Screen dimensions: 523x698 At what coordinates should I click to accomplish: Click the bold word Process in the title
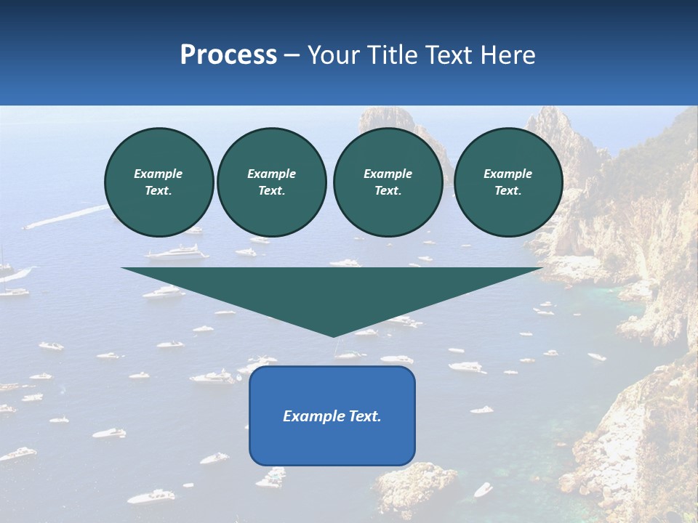[x=228, y=55]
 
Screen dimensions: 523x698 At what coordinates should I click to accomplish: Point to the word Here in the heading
[x=507, y=55]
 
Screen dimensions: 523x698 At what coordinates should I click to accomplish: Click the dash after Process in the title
[x=292, y=56]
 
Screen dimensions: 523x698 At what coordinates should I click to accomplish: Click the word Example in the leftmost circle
[x=159, y=174]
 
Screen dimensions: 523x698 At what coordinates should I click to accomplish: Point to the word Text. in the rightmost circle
[x=508, y=190]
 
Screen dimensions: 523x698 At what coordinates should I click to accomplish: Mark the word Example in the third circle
[x=388, y=174]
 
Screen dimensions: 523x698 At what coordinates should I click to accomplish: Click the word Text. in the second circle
[x=271, y=190]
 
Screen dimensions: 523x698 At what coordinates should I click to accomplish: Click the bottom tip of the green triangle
[x=333, y=335]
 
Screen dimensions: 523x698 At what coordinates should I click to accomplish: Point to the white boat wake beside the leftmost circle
[x=73, y=216]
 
